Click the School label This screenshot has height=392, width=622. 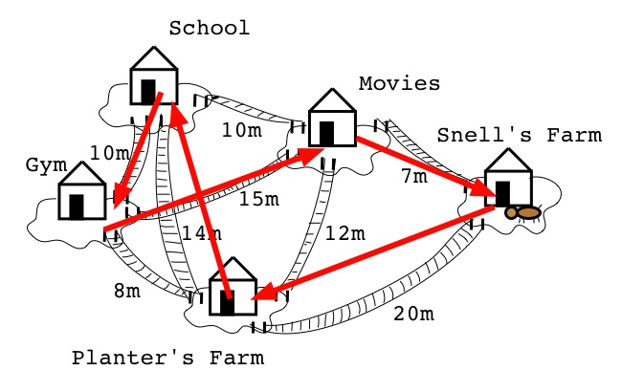210,28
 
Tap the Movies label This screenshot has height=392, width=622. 399,83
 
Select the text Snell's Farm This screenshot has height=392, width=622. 520,135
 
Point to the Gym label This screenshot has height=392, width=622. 47,165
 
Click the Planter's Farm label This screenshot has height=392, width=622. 167,358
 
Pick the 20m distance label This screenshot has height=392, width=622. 413,314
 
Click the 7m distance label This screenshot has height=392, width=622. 414,176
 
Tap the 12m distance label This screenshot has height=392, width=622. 344,233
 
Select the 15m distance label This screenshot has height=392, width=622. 259,199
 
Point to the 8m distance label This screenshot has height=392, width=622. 127,291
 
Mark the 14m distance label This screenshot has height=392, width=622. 202,233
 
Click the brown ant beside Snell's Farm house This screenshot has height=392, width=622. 522,213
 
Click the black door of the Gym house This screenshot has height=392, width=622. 77,207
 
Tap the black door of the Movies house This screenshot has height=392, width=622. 327,134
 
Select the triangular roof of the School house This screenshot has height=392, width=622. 154,58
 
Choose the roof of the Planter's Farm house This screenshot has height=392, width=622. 233,269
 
